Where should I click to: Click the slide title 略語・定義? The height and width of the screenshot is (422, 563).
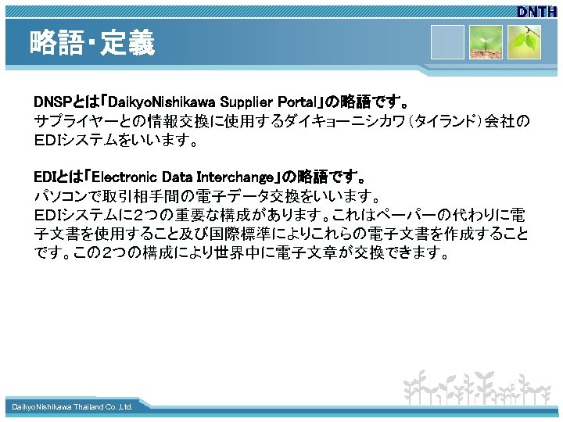(x=92, y=42)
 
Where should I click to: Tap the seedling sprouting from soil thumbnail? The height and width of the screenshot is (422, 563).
(x=486, y=44)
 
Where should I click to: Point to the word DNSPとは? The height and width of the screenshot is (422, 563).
(x=60, y=103)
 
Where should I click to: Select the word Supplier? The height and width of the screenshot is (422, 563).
(x=240, y=103)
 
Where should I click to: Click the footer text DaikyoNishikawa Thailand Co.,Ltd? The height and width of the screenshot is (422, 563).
(x=72, y=407)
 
